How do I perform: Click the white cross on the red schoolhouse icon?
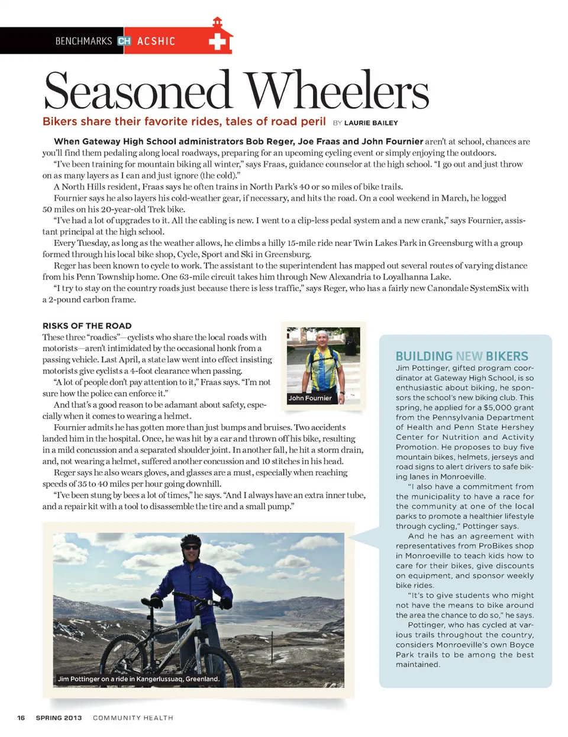click(218, 41)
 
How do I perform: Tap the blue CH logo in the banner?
click(124, 41)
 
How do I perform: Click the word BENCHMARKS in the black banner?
click(83, 41)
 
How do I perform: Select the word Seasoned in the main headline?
click(137, 91)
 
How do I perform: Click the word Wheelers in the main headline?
click(337, 91)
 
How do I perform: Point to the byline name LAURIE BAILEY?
click(371, 123)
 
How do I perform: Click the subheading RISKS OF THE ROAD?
click(87, 326)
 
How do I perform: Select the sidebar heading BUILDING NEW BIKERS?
click(461, 356)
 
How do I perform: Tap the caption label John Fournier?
click(310, 398)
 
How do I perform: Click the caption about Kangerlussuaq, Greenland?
click(138, 679)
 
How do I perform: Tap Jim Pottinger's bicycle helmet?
click(191, 540)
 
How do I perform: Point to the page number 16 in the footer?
click(21, 718)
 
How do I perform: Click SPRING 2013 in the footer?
click(59, 718)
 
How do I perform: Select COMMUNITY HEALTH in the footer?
click(133, 718)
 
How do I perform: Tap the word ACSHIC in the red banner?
click(156, 41)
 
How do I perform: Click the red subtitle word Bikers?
click(60, 121)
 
